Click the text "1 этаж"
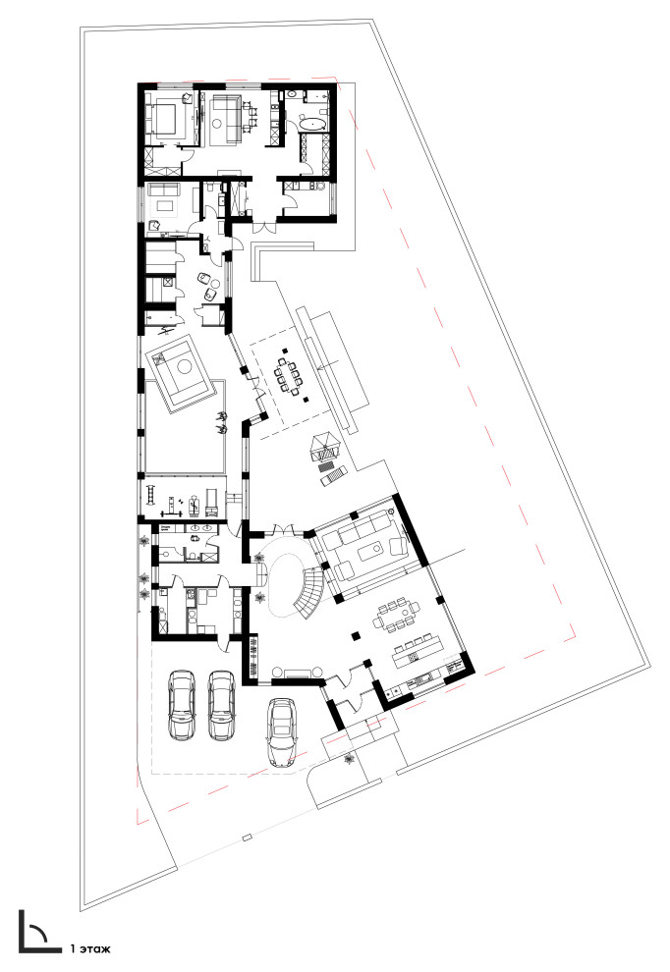(x=90, y=948)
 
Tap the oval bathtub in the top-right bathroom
(x=312, y=125)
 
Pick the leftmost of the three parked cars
(x=182, y=704)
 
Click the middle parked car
(x=221, y=704)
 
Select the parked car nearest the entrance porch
(x=282, y=732)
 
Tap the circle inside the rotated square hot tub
(x=184, y=367)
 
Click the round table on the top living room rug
(x=216, y=124)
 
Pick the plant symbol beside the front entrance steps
(x=348, y=757)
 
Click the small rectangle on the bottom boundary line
(x=247, y=838)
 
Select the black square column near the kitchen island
(x=356, y=635)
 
